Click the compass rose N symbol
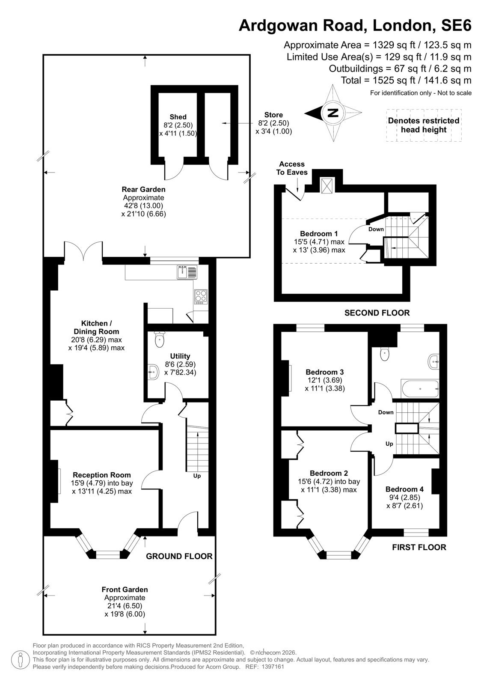333,113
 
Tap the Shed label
178,117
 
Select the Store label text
273,115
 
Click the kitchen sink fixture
187,272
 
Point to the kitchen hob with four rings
201,297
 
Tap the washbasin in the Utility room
153,372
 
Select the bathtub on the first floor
420,388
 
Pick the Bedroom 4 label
404,489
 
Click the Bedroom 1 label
319,234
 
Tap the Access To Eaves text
292,168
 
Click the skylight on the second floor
327,185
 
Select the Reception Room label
101,475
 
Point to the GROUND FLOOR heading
179,556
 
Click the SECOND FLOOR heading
377,313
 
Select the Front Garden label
125,589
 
